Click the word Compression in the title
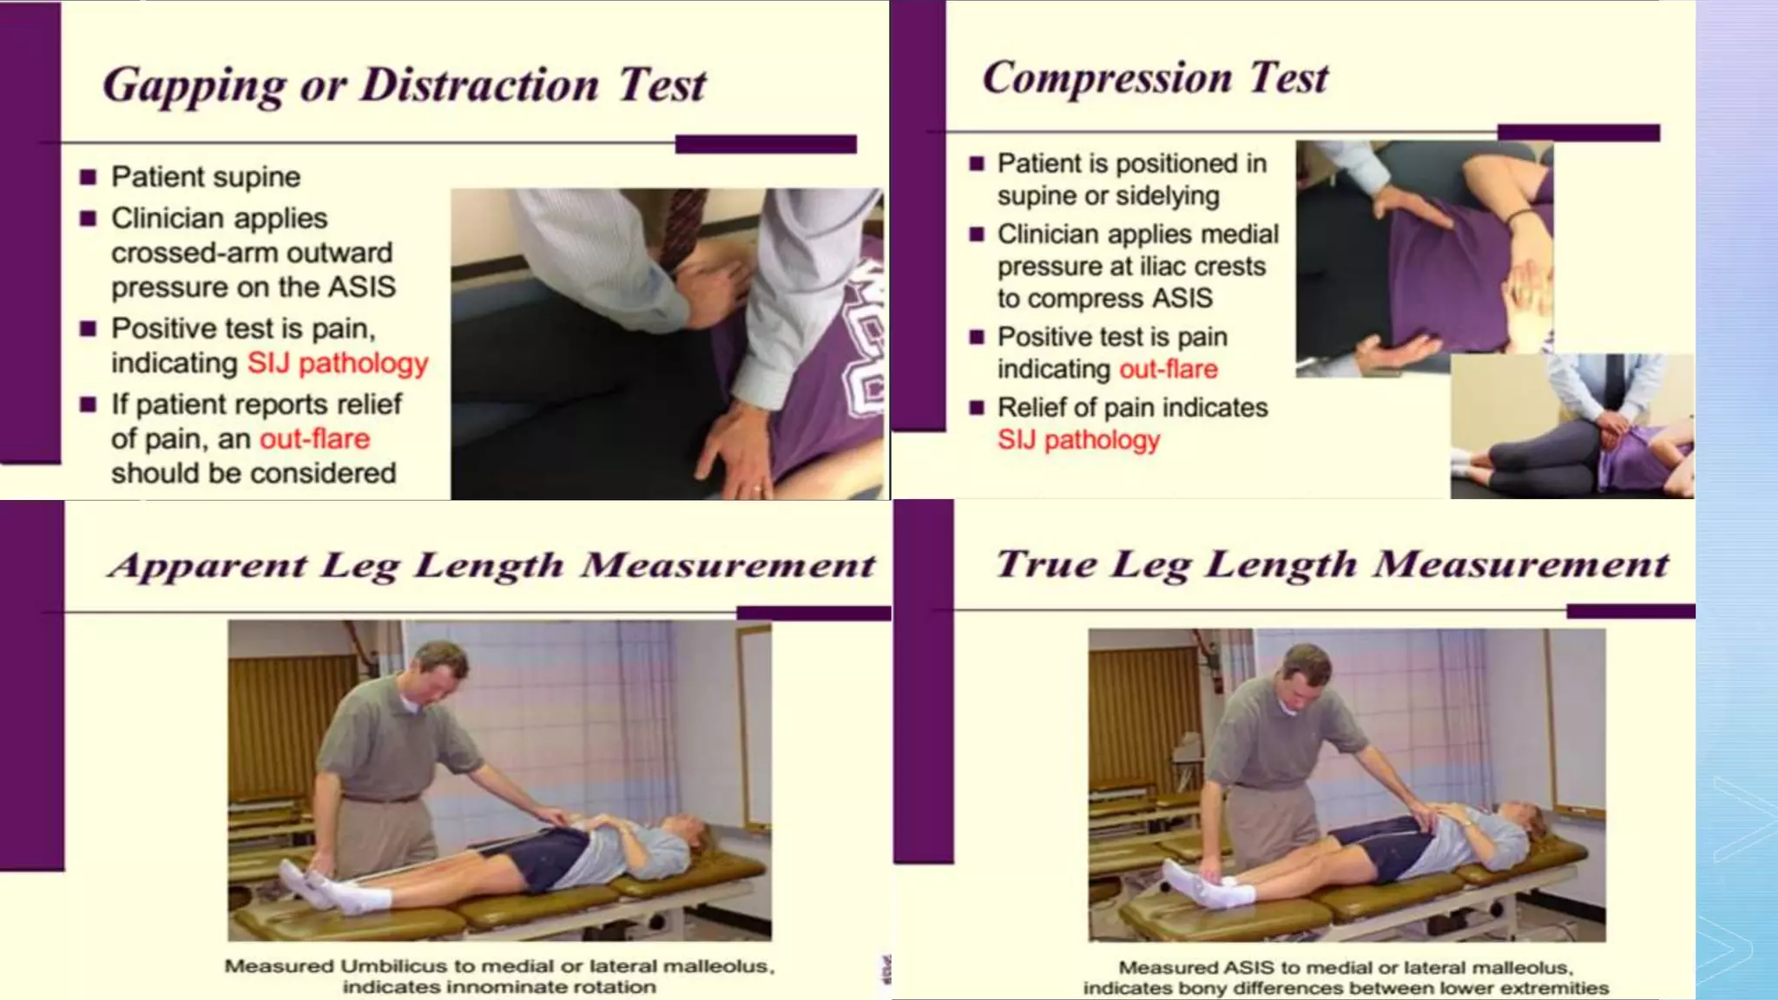1106,78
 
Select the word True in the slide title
1046,564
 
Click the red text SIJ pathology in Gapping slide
337,363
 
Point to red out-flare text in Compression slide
1168,369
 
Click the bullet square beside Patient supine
88,178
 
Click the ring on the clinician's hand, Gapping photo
757,489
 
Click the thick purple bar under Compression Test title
1577,133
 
